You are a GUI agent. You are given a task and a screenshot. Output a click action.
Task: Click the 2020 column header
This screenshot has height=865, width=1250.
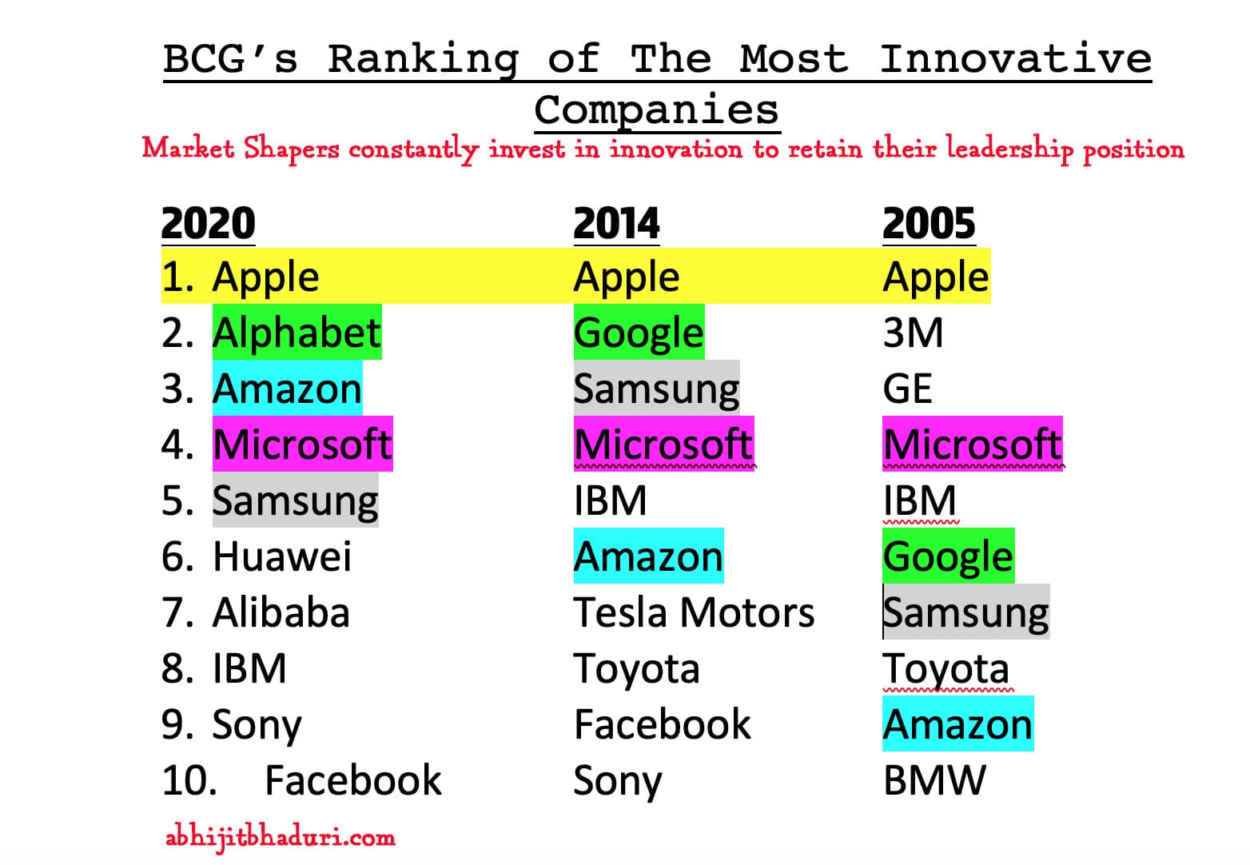208,223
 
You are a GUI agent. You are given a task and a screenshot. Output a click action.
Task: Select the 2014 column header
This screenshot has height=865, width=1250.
616,223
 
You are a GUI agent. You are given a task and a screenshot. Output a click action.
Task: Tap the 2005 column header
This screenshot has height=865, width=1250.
929,223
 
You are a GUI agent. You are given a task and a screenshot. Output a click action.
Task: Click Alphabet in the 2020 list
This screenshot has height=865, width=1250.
297,333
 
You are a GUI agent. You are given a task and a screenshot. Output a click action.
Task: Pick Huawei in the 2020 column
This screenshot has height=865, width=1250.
281,556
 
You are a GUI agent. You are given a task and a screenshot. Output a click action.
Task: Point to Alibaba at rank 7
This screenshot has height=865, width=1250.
281,613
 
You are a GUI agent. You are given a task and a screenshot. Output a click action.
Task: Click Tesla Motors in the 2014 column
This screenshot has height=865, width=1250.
694,613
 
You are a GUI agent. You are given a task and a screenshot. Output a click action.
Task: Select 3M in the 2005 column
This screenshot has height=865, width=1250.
913,333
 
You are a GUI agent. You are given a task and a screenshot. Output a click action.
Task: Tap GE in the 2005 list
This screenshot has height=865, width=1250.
907,389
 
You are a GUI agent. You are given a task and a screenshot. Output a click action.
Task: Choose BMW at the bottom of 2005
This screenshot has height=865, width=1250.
934,780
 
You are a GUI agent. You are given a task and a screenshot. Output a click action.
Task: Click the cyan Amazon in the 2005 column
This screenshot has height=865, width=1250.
957,724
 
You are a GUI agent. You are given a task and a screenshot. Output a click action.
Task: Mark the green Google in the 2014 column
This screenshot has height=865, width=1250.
639,333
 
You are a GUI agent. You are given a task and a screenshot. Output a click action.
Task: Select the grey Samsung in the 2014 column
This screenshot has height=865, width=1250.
656,389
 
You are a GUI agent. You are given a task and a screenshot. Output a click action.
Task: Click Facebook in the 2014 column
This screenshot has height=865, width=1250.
662,724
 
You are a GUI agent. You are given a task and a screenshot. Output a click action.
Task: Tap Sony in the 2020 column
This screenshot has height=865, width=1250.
257,724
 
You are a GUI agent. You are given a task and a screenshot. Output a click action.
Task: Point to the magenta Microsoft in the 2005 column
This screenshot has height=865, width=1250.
972,444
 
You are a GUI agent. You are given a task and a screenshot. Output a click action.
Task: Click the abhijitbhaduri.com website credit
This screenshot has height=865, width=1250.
280,837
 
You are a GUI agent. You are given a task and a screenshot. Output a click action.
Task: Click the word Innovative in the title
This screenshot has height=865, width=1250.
1015,59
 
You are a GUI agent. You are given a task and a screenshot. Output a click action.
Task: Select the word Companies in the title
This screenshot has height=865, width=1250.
656,110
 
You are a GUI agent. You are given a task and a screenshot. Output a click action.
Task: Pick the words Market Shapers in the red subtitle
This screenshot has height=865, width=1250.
240,149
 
